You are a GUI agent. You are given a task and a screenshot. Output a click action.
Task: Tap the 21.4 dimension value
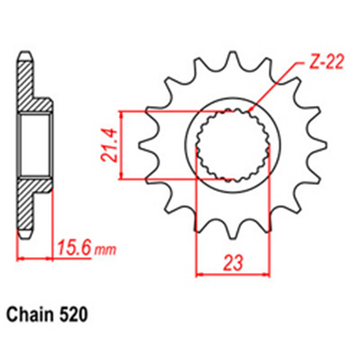point(107,145)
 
